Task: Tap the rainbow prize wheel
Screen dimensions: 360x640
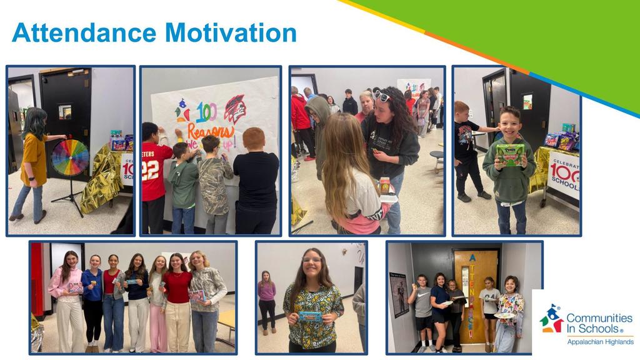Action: [70, 157]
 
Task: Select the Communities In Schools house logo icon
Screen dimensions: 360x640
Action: [551, 319]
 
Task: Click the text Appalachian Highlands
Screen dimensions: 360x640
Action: [599, 341]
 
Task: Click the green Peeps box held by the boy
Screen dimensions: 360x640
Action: [510, 154]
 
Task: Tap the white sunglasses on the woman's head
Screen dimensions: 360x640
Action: [382, 96]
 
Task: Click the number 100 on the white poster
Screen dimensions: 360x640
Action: [206, 112]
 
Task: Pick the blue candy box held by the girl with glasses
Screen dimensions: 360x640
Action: [311, 316]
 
